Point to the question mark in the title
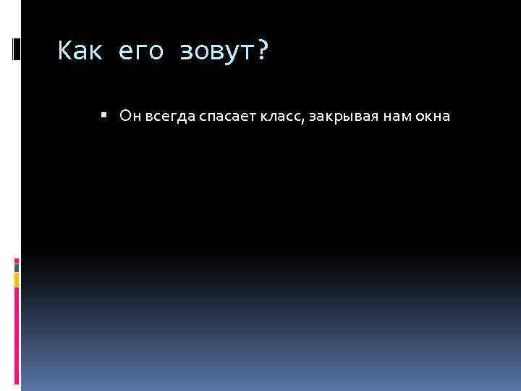(x=261, y=51)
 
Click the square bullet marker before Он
(x=104, y=114)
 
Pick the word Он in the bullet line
(x=128, y=116)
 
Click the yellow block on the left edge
(x=17, y=279)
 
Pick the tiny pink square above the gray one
(x=17, y=258)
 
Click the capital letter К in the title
(x=64, y=51)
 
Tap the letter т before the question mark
(x=243, y=52)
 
